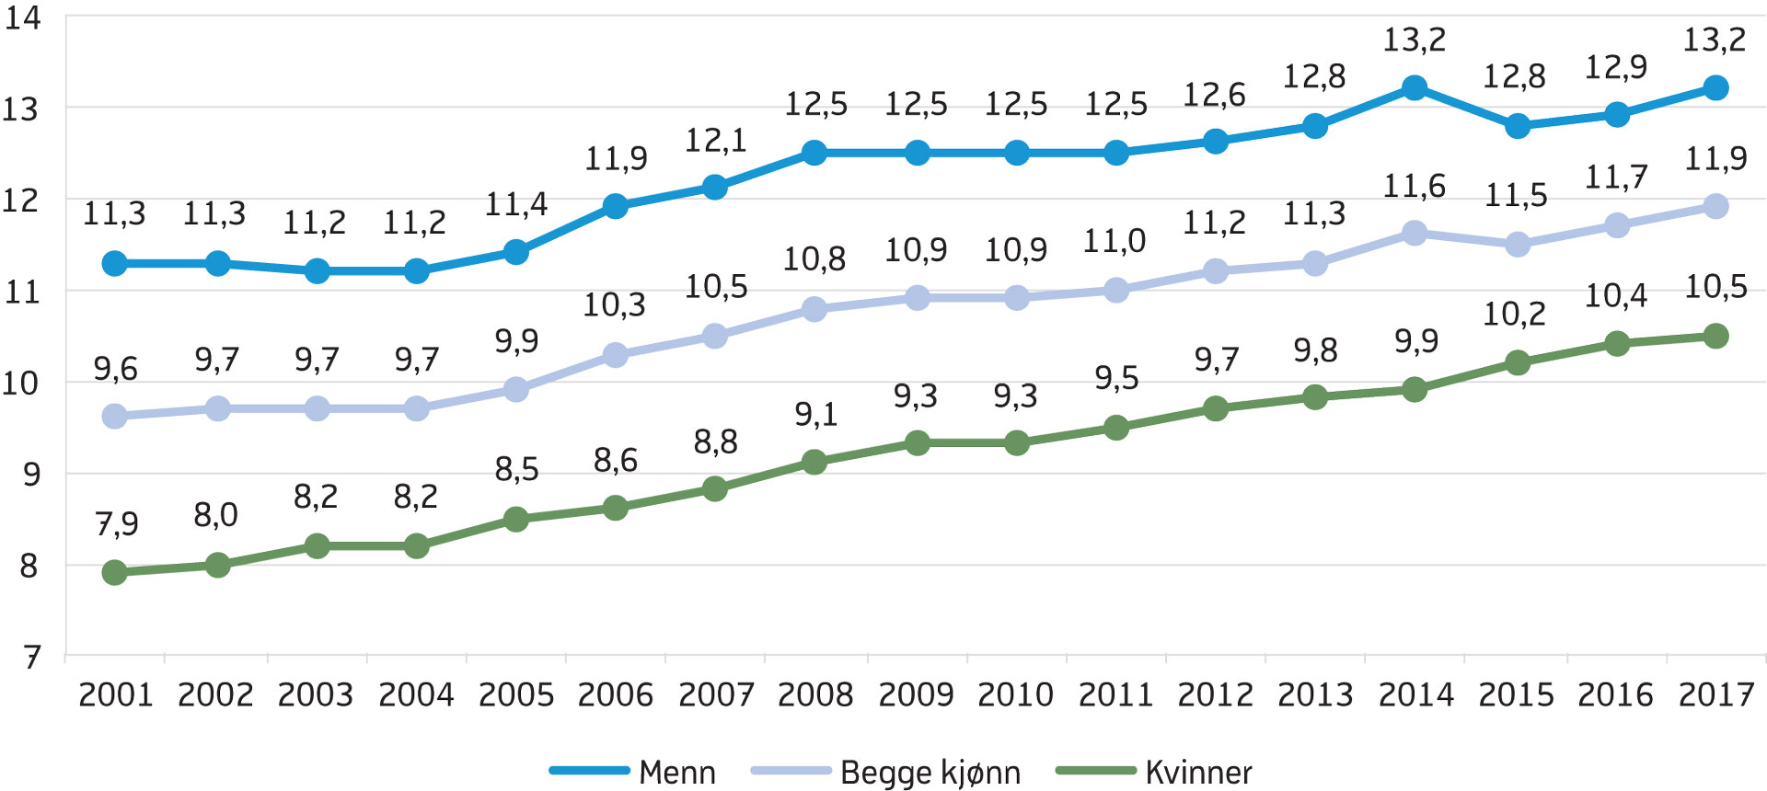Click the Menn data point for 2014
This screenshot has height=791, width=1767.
coord(1415,88)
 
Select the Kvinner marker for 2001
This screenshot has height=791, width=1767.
coord(115,573)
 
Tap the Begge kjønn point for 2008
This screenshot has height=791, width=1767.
coord(814,309)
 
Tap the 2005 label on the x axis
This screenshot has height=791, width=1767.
coord(516,694)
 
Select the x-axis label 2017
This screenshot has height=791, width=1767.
coord(1716,694)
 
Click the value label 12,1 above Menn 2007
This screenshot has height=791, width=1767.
coord(715,141)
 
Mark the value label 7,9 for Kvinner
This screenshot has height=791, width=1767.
coord(117,524)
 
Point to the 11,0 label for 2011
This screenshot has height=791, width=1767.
coord(1114,242)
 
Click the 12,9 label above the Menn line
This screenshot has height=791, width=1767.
coord(1615,67)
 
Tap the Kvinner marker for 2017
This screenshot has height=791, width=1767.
coord(1715,336)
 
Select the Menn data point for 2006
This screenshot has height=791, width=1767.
coord(616,206)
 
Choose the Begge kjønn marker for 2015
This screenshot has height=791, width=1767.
coord(1518,245)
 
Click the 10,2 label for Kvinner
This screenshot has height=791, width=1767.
coord(1515,315)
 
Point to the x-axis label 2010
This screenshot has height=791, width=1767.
coord(1015,694)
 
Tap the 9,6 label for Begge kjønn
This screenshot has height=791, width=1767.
coord(115,370)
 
